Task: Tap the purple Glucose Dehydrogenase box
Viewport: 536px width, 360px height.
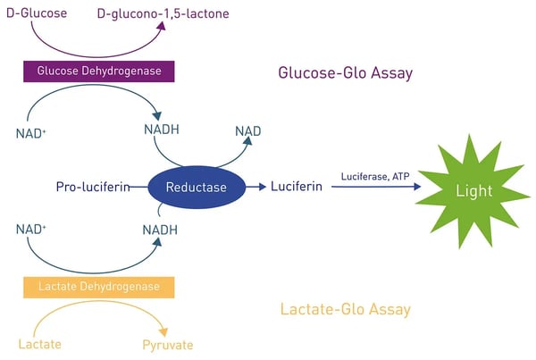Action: tap(98, 71)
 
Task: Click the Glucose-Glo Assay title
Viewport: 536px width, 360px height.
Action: tap(346, 72)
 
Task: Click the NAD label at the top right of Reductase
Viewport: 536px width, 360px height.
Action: tap(247, 131)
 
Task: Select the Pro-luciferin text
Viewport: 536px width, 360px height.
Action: tap(93, 188)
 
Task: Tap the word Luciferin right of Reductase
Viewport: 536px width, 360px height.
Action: tap(298, 188)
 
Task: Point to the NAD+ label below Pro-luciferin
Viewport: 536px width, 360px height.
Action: tap(30, 230)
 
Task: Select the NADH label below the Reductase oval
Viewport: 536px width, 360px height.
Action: tap(160, 230)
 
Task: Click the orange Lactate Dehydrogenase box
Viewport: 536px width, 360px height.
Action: tap(98, 288)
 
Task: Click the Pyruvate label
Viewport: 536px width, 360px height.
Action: tap(167, 344)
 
